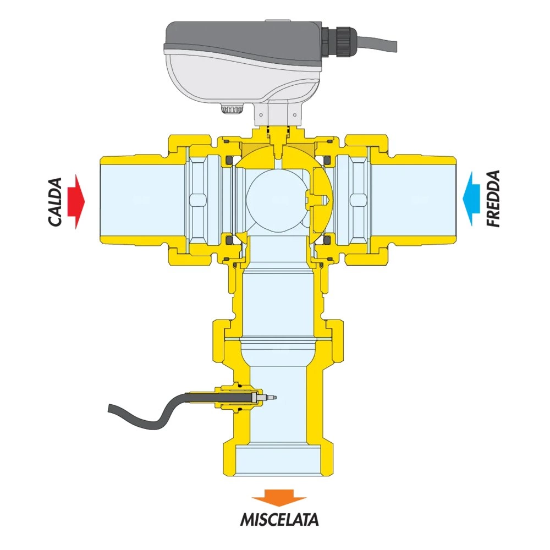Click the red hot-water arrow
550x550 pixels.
(76, 202)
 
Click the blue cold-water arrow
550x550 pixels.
(472, 198)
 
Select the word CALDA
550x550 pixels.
(55, 202)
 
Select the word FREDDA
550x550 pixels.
(493, 199)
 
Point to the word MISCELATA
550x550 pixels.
(279, 519)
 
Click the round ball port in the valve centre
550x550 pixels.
(274, 198)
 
